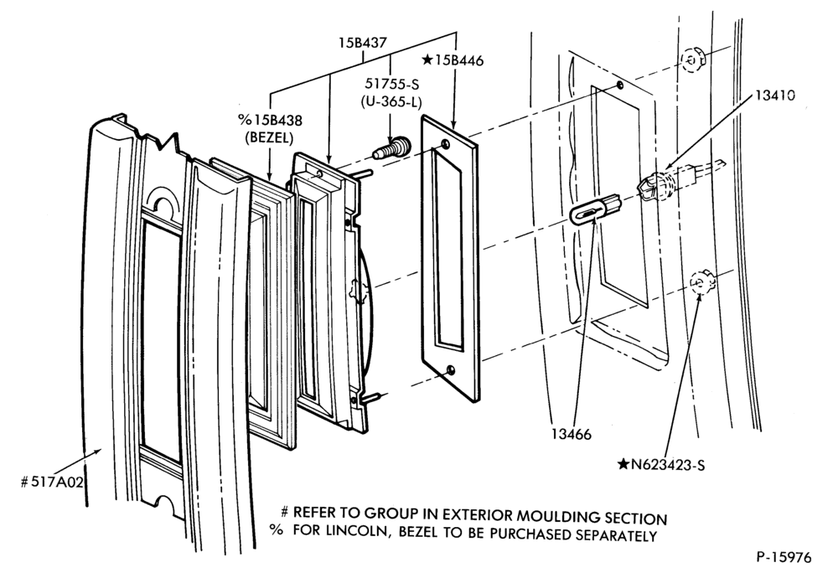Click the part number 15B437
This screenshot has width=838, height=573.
(362, 43)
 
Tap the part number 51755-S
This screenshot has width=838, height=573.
(391, 84)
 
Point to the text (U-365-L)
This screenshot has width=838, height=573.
(391, 101)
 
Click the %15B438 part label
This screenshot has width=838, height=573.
(269, 120)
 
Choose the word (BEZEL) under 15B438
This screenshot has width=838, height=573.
(269, 137)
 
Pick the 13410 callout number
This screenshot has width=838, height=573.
(775, 95)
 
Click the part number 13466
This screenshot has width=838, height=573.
(572, 435)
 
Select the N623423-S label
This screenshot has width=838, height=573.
(661, 465)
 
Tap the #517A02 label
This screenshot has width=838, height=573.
(52, 483)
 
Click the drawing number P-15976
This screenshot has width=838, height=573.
(784, 557)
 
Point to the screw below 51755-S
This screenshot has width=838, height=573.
(391, 148)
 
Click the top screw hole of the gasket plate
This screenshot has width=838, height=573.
(445, 143)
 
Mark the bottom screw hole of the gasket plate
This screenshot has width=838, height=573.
(451, 369)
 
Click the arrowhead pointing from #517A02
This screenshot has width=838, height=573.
(97, 452)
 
